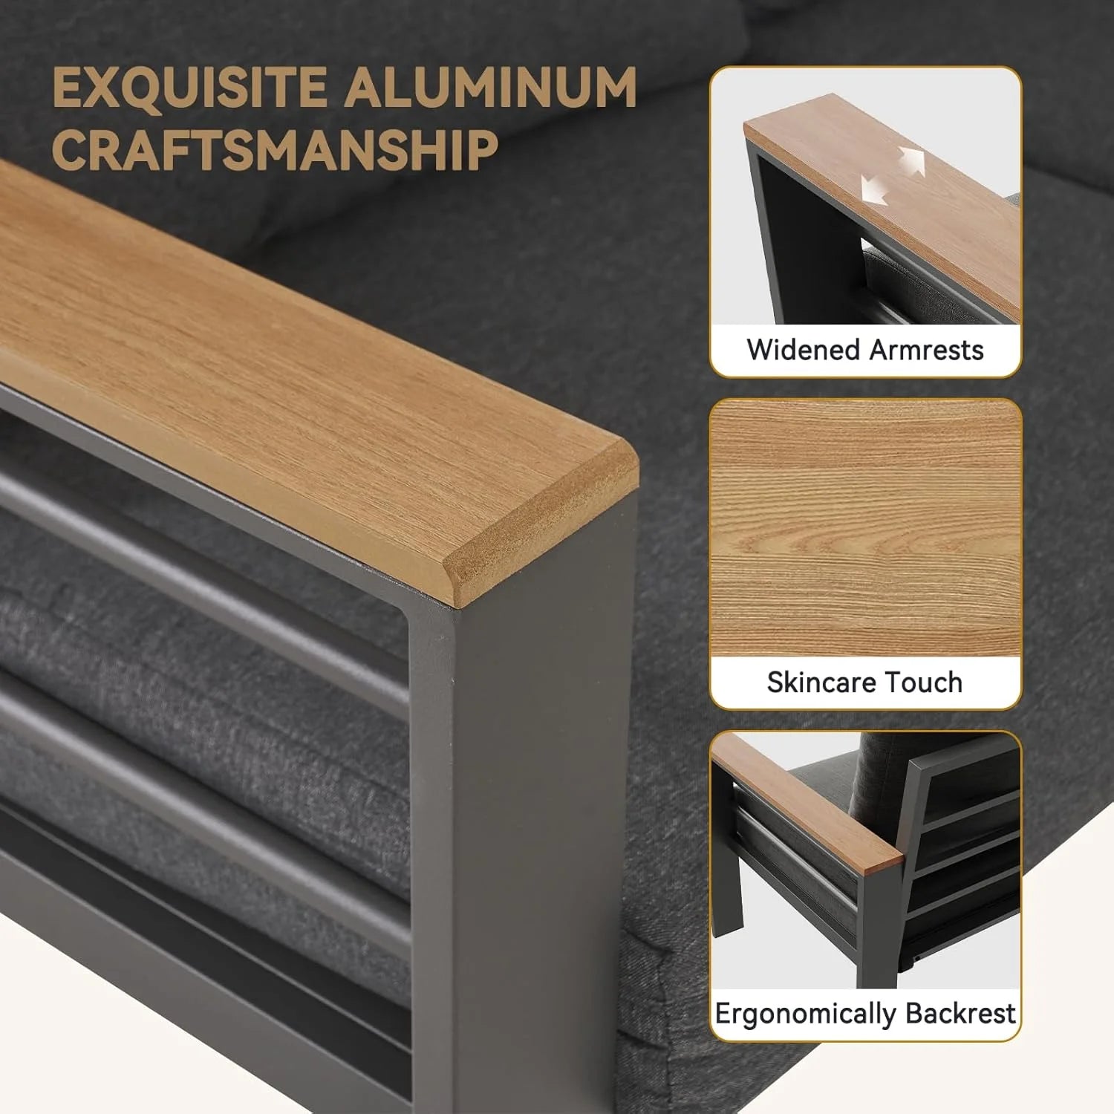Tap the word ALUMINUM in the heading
click(490, 88)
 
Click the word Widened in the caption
click(801, 349)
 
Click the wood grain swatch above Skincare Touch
click(866, 528)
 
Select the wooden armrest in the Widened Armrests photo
click(884, 208)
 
